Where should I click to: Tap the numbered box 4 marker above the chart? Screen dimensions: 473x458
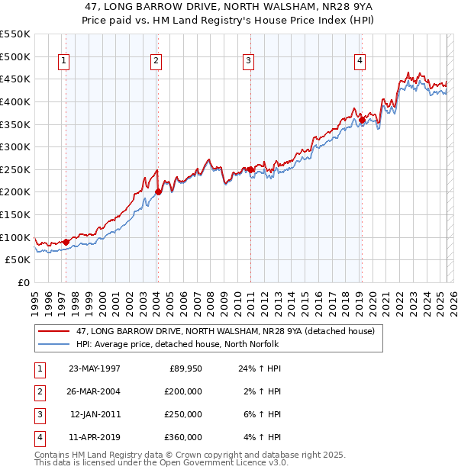[x=360, y=62]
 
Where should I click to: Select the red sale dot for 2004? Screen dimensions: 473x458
[x=158, y=191]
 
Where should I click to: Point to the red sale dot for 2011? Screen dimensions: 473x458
[x=250, y=169]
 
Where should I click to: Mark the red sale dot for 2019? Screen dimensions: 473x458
[x=362, y=119]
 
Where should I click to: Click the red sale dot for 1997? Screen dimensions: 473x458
[x=66, y=242]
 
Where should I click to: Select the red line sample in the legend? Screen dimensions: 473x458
[x=54, y=332]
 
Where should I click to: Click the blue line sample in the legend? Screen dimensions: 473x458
[x=54, y=345]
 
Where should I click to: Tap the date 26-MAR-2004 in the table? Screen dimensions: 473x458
[x=95, y=391]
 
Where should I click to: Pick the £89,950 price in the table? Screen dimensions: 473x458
[x=184, y=368]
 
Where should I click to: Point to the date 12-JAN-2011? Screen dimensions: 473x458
[x=95, y=414]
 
